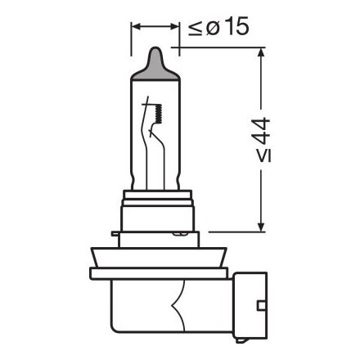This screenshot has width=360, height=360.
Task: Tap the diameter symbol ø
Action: (211, 27)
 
